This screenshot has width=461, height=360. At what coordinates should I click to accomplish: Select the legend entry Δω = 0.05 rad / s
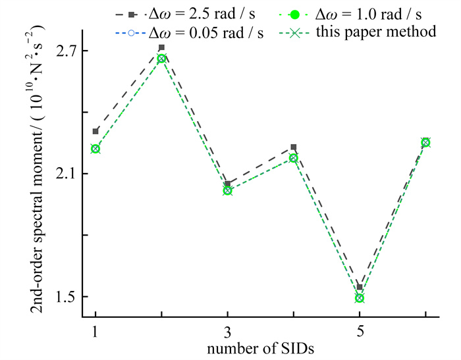click(x=201, y=32)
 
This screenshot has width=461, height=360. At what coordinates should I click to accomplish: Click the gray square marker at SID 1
click(x=95, y=132)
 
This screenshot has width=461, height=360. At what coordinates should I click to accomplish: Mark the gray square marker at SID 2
click(x=161, y=48)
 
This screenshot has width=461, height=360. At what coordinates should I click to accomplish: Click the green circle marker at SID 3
click(x=227, y=191)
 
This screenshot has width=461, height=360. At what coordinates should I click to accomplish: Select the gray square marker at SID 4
click(x=294, y=147)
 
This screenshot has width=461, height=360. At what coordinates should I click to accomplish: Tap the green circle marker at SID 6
click(x=425, y=142)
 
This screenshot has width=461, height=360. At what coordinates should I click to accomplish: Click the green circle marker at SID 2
click(x=161, y=59)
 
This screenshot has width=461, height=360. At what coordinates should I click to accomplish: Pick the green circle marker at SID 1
click(x=95, y=149)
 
